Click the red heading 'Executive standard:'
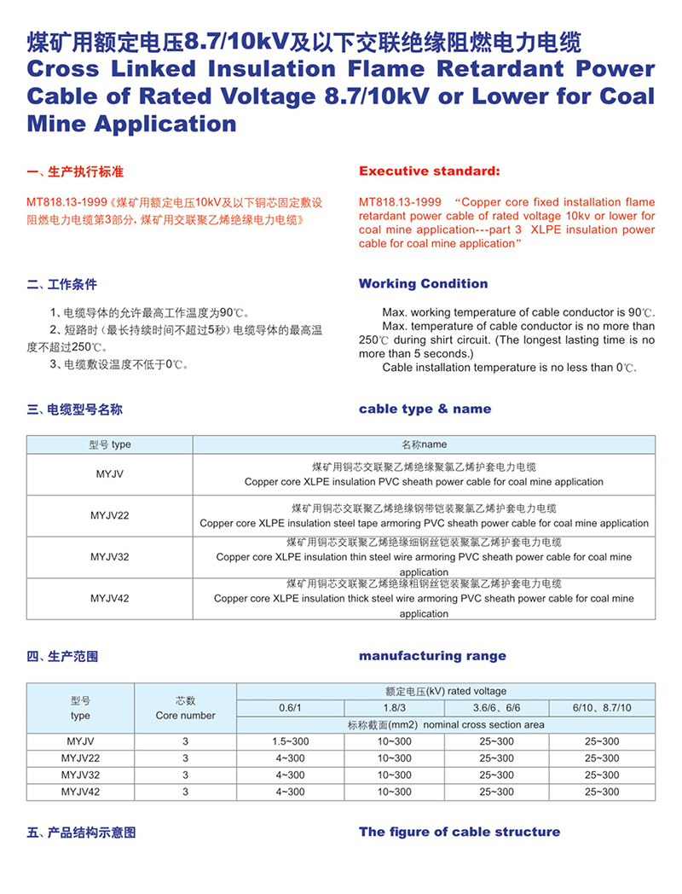pos(429,171)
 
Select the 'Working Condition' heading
pos(423,283)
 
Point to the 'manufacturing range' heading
pos(432,655)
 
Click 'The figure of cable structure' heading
pos(459,831)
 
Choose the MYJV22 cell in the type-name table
pos(110,516)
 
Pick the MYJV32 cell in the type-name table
pos(110,557)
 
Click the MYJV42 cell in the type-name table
pos(110,598)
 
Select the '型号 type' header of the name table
pos(110,444)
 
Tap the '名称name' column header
pos(424,444)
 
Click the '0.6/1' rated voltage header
pos(290,708)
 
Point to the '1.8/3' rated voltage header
pos(394,708)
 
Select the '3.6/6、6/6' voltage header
pos(496,708)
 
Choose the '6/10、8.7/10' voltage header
pos(603,708)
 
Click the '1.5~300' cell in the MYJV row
pos(290,741)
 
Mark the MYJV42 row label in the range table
pos(80,792)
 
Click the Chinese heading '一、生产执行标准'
pos(75,172)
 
